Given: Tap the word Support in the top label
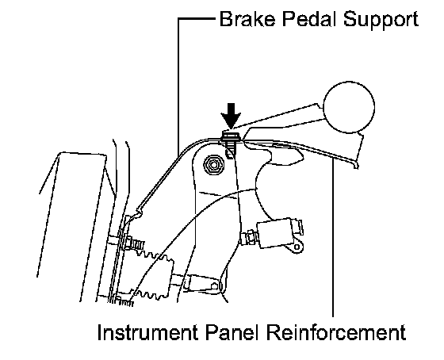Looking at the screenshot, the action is [381, 21].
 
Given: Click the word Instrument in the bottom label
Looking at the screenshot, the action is [147, 332].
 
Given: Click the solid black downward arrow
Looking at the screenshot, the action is [231, 116].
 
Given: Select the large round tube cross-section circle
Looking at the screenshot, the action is [349, 107].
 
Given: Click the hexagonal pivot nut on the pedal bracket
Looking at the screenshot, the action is [213, 165].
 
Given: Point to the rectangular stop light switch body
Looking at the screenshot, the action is [274, 233].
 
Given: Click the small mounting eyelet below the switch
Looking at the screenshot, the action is [297, 247].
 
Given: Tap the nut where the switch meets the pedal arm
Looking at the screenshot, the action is [248, 237].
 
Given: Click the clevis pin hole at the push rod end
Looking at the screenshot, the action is [215, 286].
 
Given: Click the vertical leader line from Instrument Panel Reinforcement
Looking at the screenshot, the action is [333, 238].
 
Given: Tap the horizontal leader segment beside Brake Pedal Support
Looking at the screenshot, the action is [197, 19].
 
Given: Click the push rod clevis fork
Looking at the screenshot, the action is [201, 284].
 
